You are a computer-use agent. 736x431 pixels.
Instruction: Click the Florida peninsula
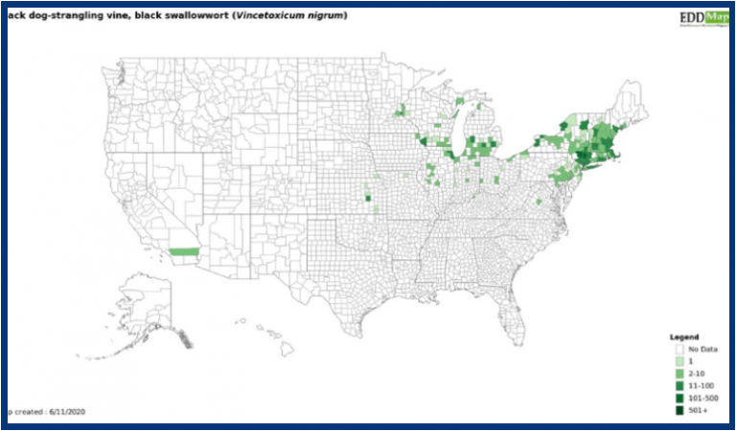pyautogui.click(x=517, y=317)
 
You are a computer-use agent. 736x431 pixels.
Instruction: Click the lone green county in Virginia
pyautogui.click(x=539, y=202)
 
